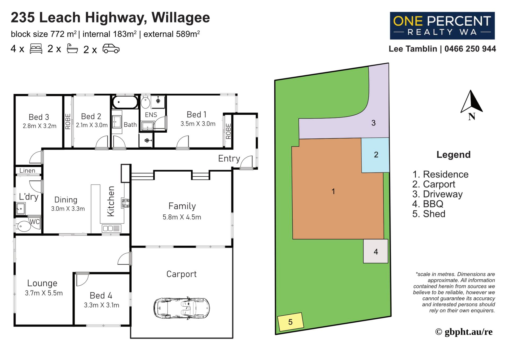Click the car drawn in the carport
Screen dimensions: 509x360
click(x=182, y=308)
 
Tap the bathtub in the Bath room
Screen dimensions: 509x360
click(x=125, y=102)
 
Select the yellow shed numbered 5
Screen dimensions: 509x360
click(x=290, y=322)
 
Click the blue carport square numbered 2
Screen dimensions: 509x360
click(x=375, y=155)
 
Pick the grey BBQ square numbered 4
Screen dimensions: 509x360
click(x=376, y=251)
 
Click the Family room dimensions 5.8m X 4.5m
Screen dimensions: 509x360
click(x=182, y=217)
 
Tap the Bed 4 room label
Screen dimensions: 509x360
click(x=101, y=295)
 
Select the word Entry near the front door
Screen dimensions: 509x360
click(x=229, y=158)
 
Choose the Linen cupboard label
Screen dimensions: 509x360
click(x=27, y=171)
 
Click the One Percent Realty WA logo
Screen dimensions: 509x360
click(x=442, y=26)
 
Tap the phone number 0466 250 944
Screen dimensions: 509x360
click(x=470, y=49)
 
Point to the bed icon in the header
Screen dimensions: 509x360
click(x=36, y=49)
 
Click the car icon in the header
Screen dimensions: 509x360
click(x=111, y=49)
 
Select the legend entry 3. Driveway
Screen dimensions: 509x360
click(x=437, y=194)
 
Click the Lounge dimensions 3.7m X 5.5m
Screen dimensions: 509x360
click(x=44, y=293)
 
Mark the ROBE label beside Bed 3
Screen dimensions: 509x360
click(x=68, y=122)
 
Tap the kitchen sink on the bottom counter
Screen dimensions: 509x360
click(x=112, y=228)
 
